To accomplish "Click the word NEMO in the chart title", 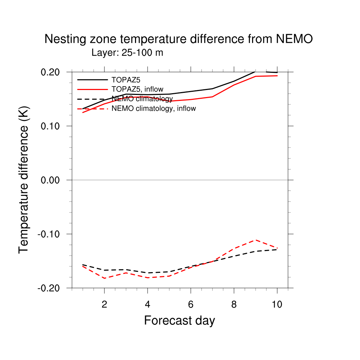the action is click(294, 39).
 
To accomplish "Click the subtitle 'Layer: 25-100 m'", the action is click(127, 53).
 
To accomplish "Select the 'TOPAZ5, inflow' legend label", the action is click(137, 89).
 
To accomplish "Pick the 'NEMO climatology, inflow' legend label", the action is click(154, 108).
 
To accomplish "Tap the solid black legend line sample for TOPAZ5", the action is click(92, 80).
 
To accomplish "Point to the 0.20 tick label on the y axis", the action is click(50, 72).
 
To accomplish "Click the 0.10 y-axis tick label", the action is click(50, 126).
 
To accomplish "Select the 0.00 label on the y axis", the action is click(50, 180).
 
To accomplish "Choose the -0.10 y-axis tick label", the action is click(49, 234).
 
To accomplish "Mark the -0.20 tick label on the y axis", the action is click(49, 288).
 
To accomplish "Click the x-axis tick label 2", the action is click(104, 304).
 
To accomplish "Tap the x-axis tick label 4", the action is click(148, 304).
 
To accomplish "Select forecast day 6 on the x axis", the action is click(191, 304).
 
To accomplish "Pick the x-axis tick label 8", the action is click(234, 304).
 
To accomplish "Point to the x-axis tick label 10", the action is click(277, 304).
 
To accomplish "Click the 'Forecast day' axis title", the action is click(180, 321).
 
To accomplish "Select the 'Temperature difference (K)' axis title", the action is click(24, 180).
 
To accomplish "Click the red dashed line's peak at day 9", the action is click(256, 240).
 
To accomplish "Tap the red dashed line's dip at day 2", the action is click(105, 278).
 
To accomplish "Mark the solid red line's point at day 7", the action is click(212, 97).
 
